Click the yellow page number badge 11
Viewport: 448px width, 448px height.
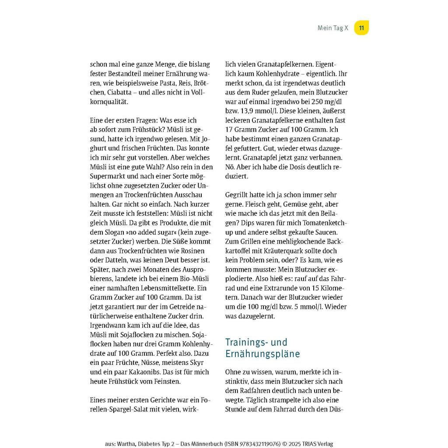[361, 28]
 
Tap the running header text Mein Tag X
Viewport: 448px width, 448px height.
[332, 28]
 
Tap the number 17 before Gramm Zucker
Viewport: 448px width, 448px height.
[230, 130]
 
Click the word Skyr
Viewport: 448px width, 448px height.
[197, 363]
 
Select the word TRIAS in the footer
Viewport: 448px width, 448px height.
[306, 444]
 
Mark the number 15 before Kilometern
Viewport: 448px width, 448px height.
[304, 288]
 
